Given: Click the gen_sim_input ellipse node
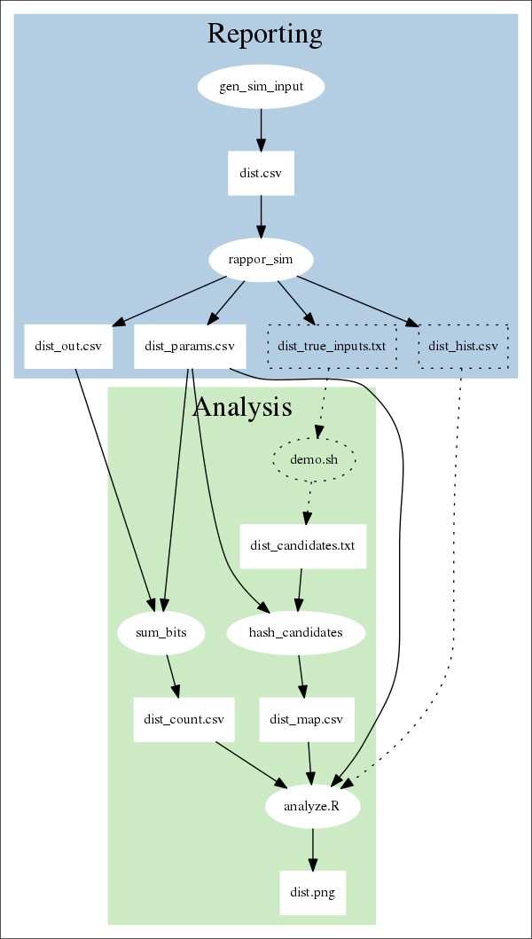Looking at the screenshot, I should tap(261, 87).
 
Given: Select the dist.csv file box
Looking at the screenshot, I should tap(261, 174).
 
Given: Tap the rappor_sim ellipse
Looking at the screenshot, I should tap(261, 261).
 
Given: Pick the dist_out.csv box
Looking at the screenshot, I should tap(68, 347).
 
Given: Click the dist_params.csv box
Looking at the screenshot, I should tap(189, 347).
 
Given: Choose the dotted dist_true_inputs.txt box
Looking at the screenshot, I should tap(332, 347).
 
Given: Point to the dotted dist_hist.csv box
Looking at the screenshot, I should tap(463, 347).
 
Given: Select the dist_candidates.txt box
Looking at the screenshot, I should tap(303, 546).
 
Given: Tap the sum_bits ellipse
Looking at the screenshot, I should tap(161, 633).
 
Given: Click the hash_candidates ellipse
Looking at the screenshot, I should tap(296, 633).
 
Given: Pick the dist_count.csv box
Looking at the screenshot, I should tap(184, 719).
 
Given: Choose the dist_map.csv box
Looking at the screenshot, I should tap(307, 719).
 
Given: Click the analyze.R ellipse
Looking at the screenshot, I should tap(312, 806).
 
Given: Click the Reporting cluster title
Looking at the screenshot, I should tap(264, 34).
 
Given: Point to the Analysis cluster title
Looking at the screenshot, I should tap(242, 407).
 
